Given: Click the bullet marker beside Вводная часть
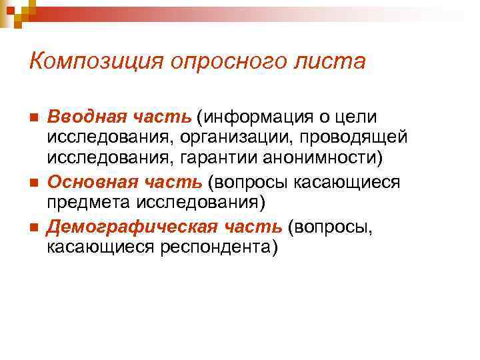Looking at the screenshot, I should tap(33, 118).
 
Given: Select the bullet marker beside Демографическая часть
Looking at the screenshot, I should tap(33, 227).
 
